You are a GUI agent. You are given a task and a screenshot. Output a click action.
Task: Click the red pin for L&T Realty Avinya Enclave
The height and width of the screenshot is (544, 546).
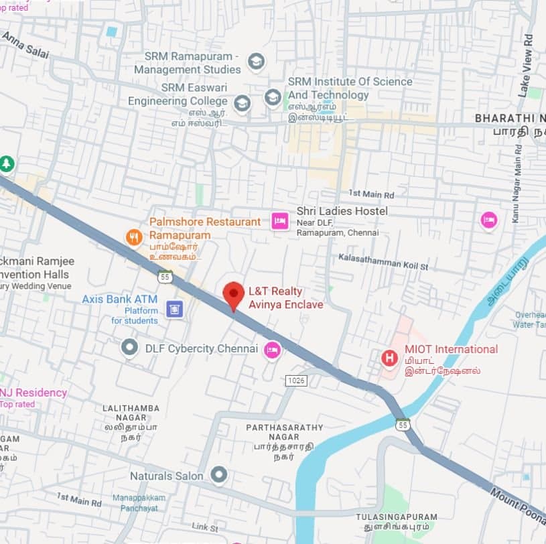point(233,295)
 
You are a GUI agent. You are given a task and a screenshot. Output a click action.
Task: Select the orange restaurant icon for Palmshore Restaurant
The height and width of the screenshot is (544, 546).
point(135,236)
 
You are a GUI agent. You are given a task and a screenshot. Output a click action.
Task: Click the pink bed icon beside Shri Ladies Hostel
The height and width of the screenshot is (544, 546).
point(279,220)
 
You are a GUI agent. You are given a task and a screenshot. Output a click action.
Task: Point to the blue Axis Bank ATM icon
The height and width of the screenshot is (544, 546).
point(174,309)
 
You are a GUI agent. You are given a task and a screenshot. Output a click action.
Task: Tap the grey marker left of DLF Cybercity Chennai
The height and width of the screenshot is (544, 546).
point(129,348)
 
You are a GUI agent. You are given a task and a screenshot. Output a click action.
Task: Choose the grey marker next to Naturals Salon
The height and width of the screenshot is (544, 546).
point(218,476)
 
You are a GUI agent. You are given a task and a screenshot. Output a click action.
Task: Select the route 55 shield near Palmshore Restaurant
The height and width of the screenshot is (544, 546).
point(165,276)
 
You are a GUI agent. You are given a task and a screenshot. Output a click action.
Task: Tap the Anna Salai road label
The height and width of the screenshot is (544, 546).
point(25,45)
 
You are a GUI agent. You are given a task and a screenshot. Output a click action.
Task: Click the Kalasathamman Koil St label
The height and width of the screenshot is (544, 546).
point(383,261)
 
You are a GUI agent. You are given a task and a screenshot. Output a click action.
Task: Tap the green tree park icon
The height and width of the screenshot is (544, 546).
point(7,163)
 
